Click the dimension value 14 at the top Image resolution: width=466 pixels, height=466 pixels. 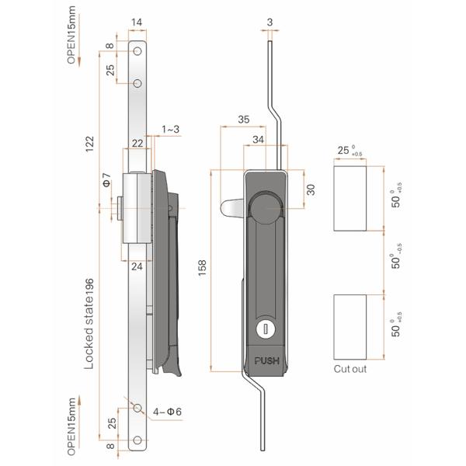[x=137, y=23]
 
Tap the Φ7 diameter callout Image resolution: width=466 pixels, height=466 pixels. [x=106, y=184]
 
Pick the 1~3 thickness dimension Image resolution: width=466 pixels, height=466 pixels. [x=171, y=128]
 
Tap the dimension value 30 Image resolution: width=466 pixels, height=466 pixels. [x=310, y=190]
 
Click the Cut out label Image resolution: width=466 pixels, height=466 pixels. [x=349, y=369]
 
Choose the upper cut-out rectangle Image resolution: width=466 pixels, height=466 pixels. [x=349, y=198]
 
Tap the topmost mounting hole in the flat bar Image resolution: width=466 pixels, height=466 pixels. [x=137, y=50]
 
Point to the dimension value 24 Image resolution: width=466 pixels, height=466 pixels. [x=137, y=266]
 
